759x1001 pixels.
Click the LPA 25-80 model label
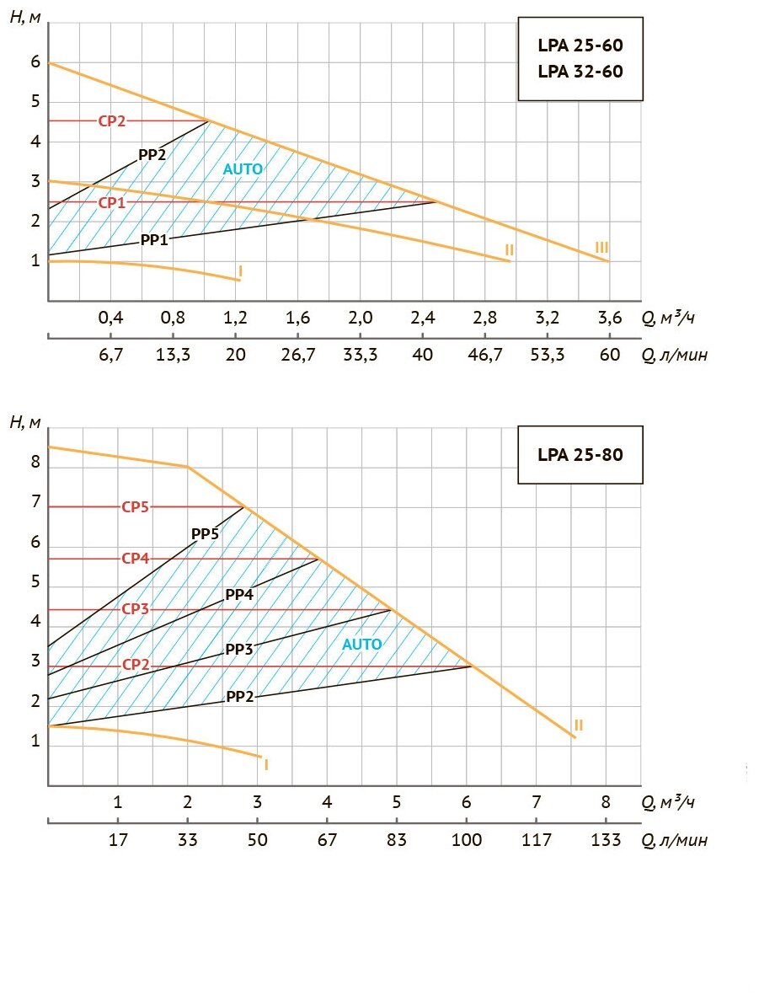pos(580,455)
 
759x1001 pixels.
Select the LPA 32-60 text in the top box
pos(580,72)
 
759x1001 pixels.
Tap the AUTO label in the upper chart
pos(243,169)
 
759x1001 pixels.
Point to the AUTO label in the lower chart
pos(362,645)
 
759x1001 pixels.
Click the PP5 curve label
pos(205,533)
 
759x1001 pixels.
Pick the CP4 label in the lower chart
pos(135,559)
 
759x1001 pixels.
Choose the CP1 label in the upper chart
pos(112,203)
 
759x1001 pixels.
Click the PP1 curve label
pos(155,240)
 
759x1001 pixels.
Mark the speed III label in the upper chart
pos(601,248)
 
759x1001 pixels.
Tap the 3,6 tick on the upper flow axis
pos(609,318)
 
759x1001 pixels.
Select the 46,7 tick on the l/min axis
pos(484,355)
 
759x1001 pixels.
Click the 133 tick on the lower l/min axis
pos(607,840)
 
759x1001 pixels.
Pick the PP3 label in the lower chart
pos(239,650)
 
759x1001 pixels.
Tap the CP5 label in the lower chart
pos(135,507)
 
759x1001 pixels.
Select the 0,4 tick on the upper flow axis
pos(111,318)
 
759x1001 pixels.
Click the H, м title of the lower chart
pos(25,421)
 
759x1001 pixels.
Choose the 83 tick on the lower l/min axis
pos(397,840)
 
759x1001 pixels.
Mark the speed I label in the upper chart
pos(241,270)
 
